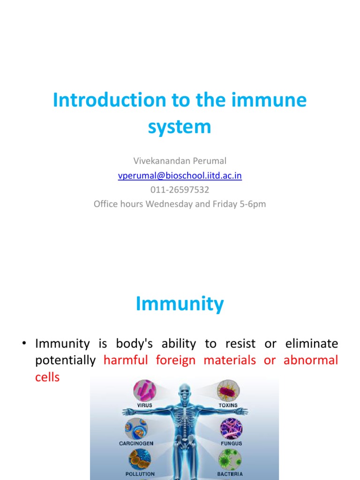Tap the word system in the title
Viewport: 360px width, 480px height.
click(x=180, y=126)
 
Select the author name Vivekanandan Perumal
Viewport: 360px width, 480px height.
click(x=180, y=161)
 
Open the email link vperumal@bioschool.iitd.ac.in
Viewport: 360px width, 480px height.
click(x=180, y=175)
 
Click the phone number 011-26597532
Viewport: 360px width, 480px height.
click(x=180, y=190)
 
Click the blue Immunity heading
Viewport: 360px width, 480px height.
click(x=180, y=304)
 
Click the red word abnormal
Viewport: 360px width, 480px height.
click(x=311, y=360)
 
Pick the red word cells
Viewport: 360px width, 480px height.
click(x=47, y=377)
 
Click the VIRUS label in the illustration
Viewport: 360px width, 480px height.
click(x=144, y=405)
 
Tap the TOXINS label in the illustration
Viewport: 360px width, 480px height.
click(x=228, y=405)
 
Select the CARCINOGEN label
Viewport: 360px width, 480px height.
click(x=136, y=443)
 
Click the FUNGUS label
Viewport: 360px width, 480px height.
click(x=231, y=443)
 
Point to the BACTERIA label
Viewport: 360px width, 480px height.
click(x=230, y=474)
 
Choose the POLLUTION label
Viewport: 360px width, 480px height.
click(x=140, y=474)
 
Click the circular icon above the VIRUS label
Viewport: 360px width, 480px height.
click(x=145, y=390)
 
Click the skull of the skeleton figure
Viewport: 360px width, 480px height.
click(x=185, y=392)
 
